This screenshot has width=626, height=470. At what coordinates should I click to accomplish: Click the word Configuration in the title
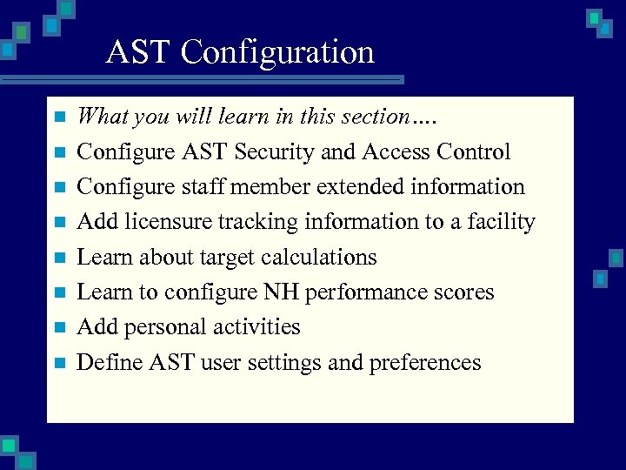pos(278,52)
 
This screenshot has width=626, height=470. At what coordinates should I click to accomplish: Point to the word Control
pos(473,152)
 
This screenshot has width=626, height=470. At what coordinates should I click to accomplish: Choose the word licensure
pos(162,222)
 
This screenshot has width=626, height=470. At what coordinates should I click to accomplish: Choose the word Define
pos(102,362)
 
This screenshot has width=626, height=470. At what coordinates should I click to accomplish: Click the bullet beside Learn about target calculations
pos(59,258)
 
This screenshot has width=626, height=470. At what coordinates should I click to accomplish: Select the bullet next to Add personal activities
pos(59,328)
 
